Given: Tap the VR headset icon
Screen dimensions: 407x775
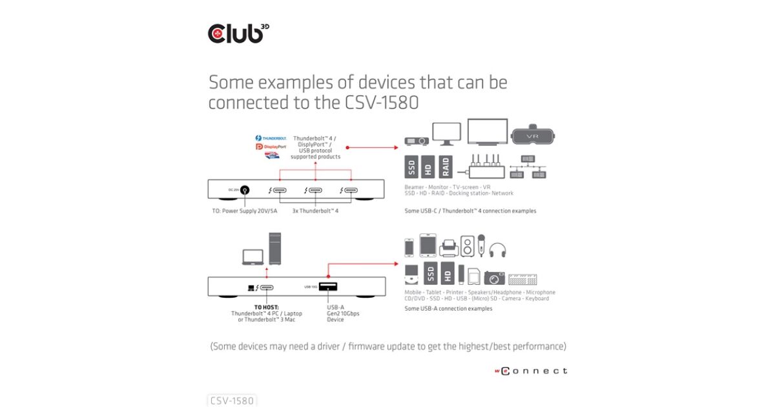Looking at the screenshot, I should click(x=533, y=136).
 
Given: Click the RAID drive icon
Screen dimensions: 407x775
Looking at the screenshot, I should click(x=446, y=167).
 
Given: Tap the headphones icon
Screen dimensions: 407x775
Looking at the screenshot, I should click(x=497, y=250).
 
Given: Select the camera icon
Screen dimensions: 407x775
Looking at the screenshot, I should click(x=494, y=278).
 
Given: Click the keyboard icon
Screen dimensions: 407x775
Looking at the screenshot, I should click(x=522, y=279).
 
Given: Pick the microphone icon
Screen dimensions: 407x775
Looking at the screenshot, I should click(x=480, y=245).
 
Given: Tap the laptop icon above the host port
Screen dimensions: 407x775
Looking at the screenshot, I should click(x=253, y=256).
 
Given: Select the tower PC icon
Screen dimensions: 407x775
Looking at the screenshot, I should click(x=275, y=248).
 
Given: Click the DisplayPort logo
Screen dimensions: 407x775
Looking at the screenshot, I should click(x=271, y=147).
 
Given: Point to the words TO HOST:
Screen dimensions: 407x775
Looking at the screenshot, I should click(x=266, y=308).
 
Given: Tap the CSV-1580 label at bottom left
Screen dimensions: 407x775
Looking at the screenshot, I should click(x=232, y=401).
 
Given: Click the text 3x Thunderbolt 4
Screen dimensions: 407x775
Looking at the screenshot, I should click(x=315, y=211).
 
